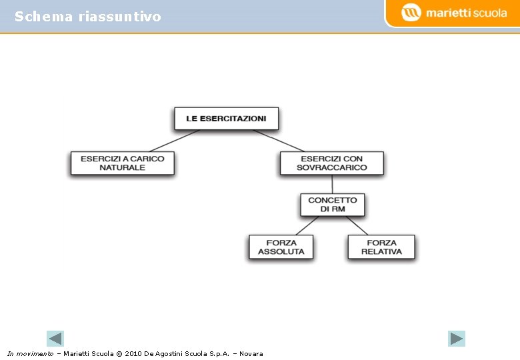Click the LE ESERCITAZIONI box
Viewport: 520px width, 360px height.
(x=226, y=119)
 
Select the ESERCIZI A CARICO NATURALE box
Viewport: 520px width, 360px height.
(x=122, y=163)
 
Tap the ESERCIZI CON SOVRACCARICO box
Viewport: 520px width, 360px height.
(x=331, y=163)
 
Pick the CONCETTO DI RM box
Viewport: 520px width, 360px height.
(x=332, y=205)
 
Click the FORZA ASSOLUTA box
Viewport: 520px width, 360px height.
(x=281, y=247)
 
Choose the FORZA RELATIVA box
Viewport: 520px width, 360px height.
(x=381, y=247)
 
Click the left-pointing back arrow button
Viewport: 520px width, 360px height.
(x=55, y=339)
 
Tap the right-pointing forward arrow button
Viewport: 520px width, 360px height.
(x=456, y=339)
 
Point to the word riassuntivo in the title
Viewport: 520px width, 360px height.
(x=119, y=17)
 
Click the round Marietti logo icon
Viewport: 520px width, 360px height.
(x=411, y=13)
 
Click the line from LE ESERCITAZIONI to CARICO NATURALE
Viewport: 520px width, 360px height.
(x=175, y=141)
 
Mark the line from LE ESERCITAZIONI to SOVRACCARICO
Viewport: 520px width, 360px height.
(x=279, y=141)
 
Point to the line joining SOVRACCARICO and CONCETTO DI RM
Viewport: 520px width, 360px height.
(x=332, y=185)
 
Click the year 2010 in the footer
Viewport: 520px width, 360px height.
(x=133, y=353)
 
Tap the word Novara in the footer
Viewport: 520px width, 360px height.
(x=251, y=353)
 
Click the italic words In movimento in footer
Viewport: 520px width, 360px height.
(x=30, y=353)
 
